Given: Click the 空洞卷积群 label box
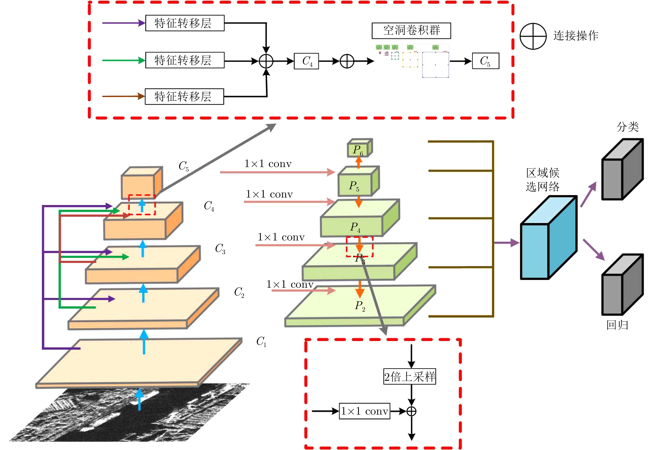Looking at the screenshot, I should tap(411, 30).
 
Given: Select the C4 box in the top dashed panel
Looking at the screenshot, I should tap(306, 61).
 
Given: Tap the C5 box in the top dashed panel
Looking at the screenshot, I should tap(486, 61).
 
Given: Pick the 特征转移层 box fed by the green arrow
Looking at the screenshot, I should tap(185, 60).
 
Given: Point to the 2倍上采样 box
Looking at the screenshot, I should tap(410, 376).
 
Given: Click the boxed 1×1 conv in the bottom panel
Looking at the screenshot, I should tap(364, 411).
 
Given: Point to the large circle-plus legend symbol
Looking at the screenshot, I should tap(533, 36).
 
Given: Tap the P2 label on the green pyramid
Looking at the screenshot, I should tap(360, 306).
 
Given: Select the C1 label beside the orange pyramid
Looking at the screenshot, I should tap(261, 341).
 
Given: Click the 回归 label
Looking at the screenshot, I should tap(617, 325).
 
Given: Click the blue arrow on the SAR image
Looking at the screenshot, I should tap(139, 399).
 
